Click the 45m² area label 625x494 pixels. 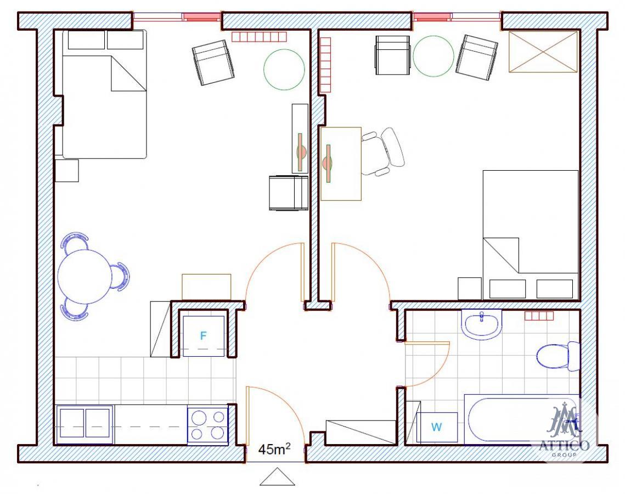click(x=274, y=449)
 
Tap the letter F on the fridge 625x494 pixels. click(x=203, y=336)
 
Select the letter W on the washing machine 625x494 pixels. click(x=436, y=427)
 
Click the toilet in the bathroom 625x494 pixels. click(x=558, y=356)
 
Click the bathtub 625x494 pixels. click(x=522, y=419)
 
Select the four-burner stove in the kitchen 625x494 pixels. click(x=207, y=425)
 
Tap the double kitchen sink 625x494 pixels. click(x=84, y=423)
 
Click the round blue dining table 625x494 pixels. click(x=84, y=276)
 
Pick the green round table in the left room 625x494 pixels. click(x=284, y=69)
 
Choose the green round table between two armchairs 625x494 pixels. click(x=433, y=56)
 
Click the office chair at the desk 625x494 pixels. click(x=384, y=151)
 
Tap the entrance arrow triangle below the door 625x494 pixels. click(x=277, y=477)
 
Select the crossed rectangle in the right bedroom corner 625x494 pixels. click(x=543, y=52)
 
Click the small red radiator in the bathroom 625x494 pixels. click(x=539, y=316)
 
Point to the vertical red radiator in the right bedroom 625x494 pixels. click(x=325, y=65)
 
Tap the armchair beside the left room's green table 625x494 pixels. click(x=213, y=63)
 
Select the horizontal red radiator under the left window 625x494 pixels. click(x=259, y=37)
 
